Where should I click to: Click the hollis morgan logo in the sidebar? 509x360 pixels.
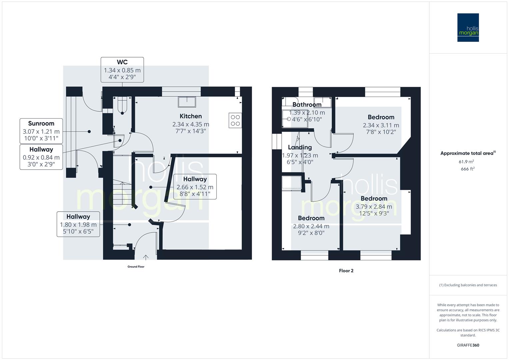pos(468,28)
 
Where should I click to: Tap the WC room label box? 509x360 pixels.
pos(122,70)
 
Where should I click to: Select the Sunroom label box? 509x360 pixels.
pos(41,131)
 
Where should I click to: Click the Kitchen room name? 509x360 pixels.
pos(191,116)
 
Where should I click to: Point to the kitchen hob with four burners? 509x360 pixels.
pos(235,120)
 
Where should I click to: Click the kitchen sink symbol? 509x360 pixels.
pos(187,102)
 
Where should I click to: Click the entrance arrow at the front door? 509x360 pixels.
pos(146,257)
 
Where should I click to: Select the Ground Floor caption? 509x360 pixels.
pos(136,267)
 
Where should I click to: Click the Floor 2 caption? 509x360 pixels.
pos(346,271)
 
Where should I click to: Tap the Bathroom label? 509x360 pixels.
pos(307,105)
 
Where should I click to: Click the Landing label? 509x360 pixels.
pos(300,147)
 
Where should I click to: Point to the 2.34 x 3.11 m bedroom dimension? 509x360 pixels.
pos(381,125)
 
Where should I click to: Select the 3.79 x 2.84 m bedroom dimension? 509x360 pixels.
pos(374,207)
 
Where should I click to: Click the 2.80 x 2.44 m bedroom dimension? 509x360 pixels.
pos(311,226)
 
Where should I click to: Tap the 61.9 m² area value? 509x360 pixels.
pos(466,162)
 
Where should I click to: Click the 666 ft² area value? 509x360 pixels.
pos(468,169)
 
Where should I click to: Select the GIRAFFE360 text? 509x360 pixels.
pos(468,345)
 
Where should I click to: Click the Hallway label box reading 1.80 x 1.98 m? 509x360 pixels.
pos(78,224)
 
